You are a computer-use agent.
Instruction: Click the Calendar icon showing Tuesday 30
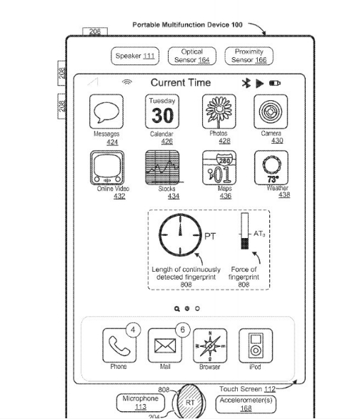point(161,112)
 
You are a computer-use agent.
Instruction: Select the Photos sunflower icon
point(219,112)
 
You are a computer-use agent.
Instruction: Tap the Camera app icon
point(276,112)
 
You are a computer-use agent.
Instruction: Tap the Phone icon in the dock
point(118,346)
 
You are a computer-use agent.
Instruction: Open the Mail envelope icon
point(164,346)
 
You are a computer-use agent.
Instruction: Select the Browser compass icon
point(210,346)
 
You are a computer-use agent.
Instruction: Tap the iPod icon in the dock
point(255,346)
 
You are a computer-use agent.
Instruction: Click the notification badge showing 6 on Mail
point(182,330)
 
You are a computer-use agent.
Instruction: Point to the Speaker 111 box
point(135,56)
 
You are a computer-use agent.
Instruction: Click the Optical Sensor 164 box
point(191,56)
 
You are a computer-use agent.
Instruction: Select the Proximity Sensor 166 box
point(249,56)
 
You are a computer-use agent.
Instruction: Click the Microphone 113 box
point(140,403)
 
